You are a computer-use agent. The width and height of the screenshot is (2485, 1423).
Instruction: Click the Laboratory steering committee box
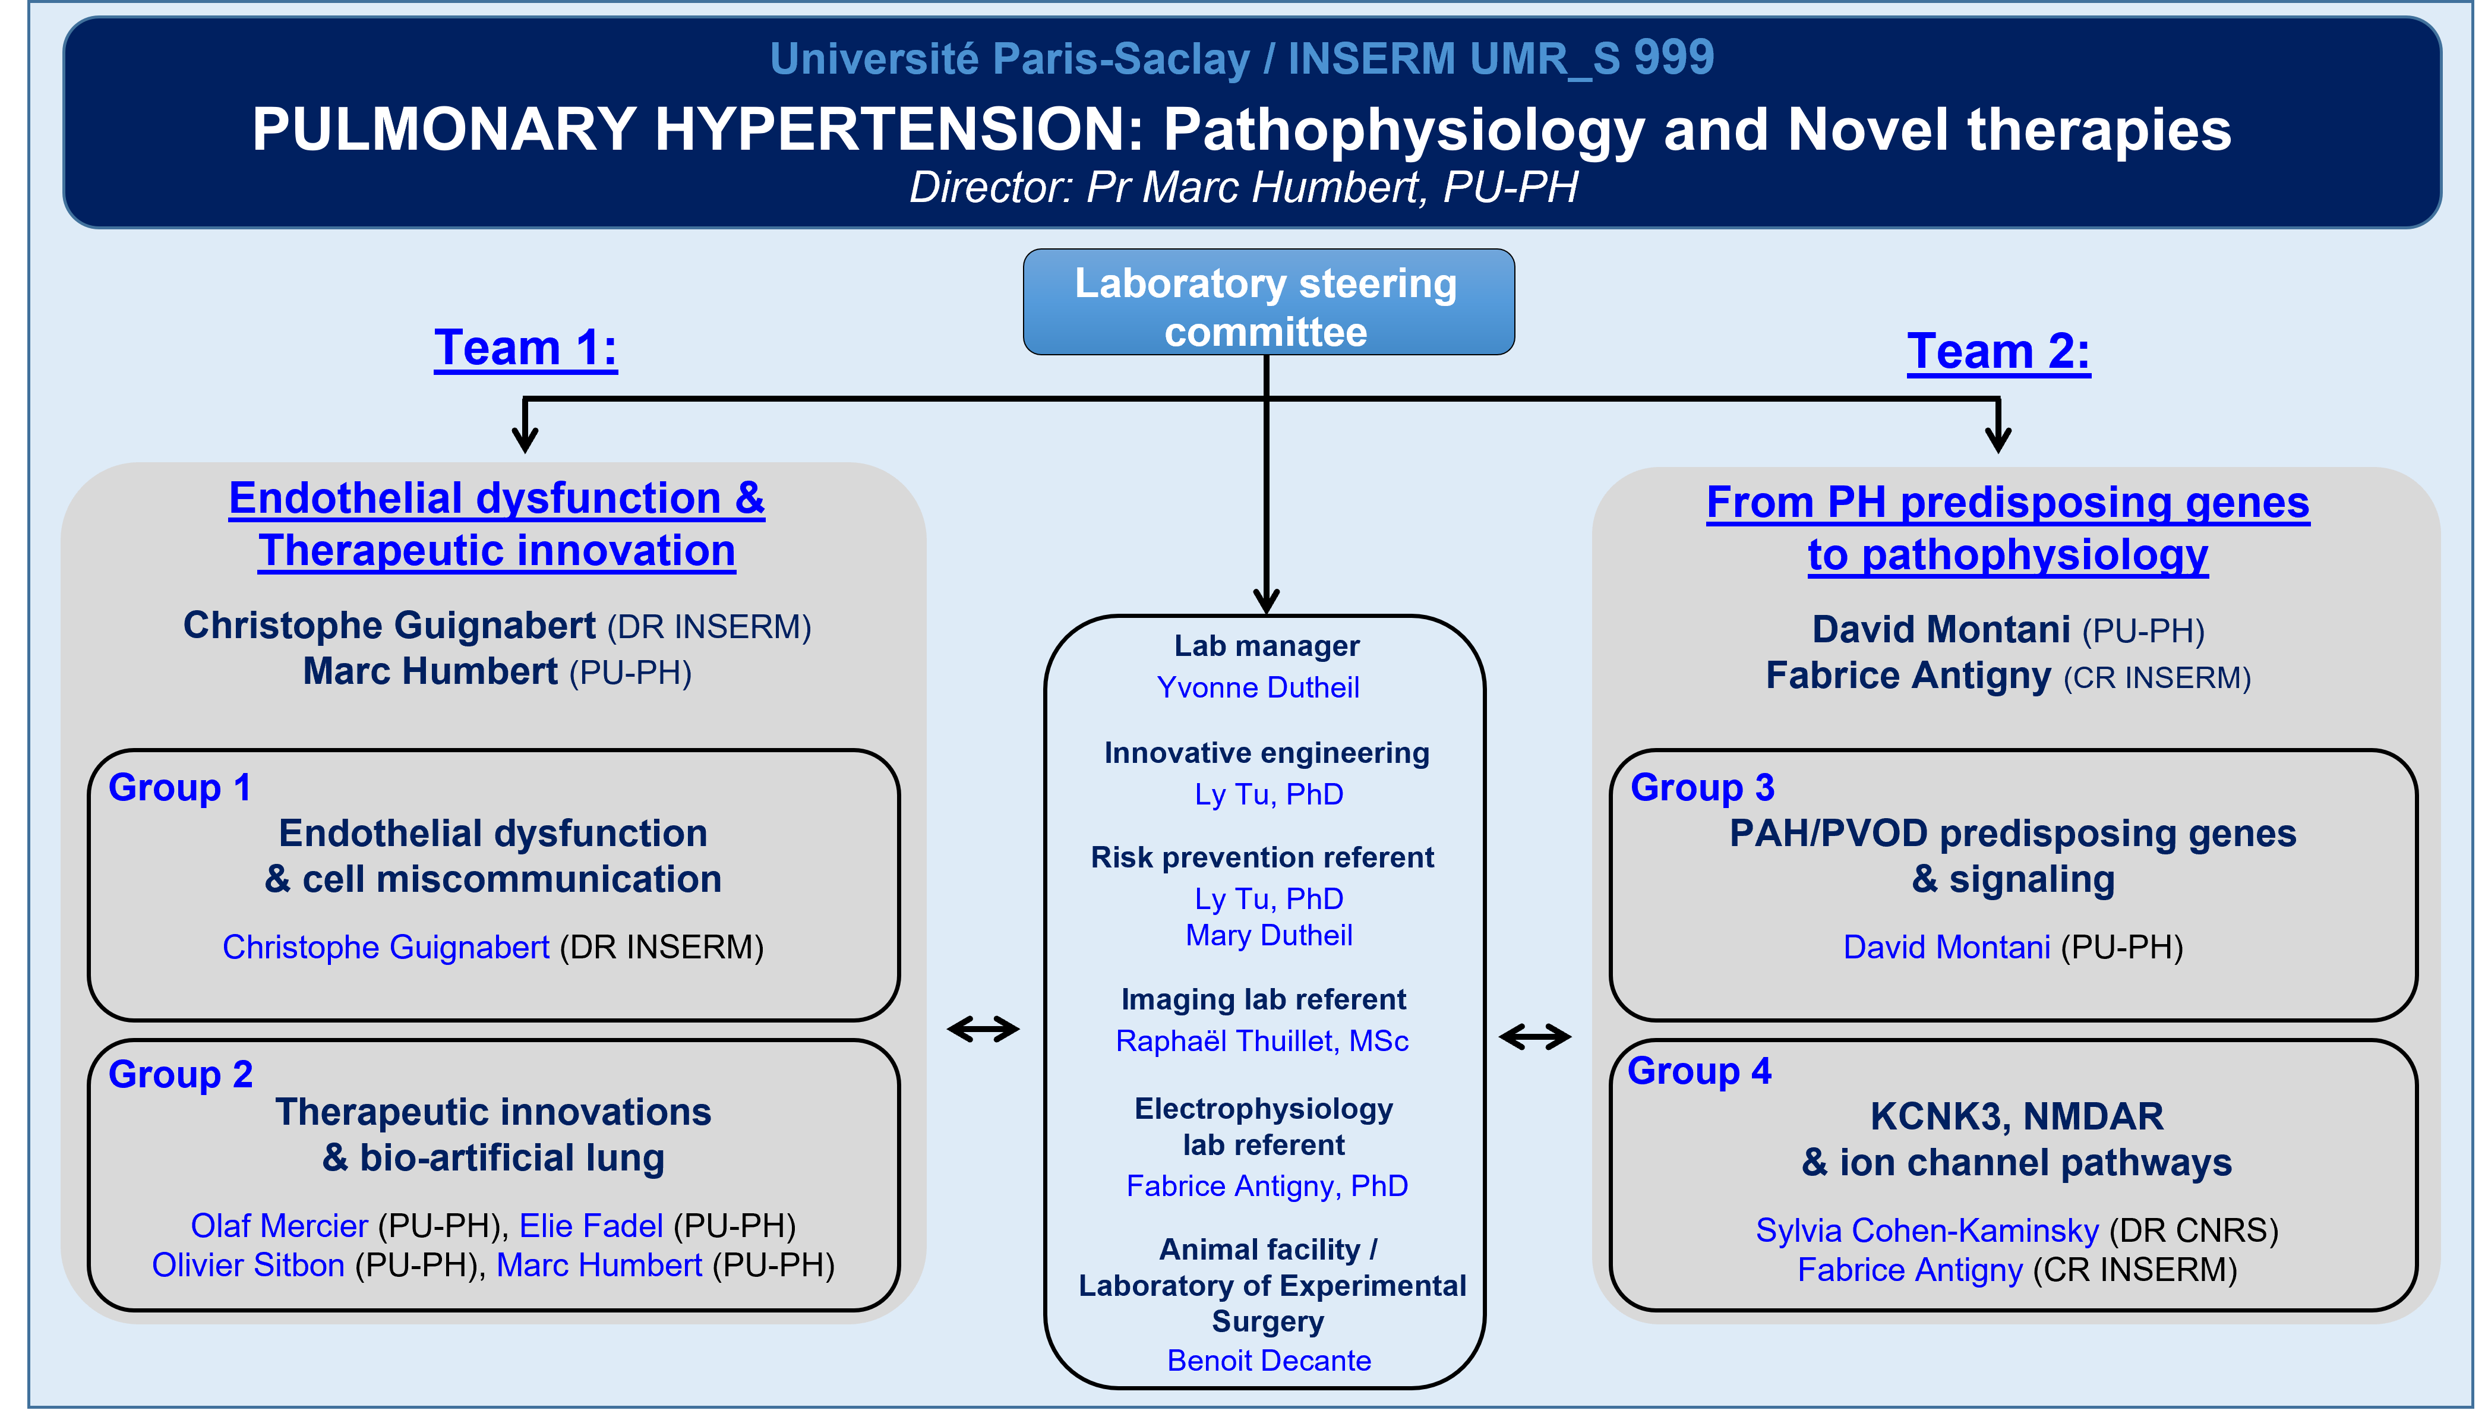[x=1268, y=302]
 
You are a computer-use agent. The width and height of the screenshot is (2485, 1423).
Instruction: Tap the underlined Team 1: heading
[x=526, y=349]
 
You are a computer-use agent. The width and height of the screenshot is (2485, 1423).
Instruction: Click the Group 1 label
[x=180, y=788]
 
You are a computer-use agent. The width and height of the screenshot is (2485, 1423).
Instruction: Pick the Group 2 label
[x=181, y=1075]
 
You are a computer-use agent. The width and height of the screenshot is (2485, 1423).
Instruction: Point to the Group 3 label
[x=1702, y=788]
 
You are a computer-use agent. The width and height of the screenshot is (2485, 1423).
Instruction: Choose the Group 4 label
[x=1699, y=1071]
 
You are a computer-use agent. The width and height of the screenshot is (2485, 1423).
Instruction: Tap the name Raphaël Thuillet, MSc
[x=1262, y=1041]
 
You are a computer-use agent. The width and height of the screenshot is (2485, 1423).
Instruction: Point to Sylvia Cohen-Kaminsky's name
[x=1927, y=1230]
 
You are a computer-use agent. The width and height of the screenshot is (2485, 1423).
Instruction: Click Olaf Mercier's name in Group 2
[x=279, y=1226]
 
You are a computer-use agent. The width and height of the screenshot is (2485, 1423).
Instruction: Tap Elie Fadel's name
[x=591, y=1226]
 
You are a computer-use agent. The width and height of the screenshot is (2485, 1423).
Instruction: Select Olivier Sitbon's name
[x=248, y=1266]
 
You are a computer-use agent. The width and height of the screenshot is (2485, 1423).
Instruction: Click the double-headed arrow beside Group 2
[x=983, y=1029]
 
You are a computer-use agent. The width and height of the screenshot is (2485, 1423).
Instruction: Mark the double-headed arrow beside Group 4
[x=1535, y=1036]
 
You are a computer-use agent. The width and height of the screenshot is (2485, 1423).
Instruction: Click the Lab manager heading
[x=1267, y=646]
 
